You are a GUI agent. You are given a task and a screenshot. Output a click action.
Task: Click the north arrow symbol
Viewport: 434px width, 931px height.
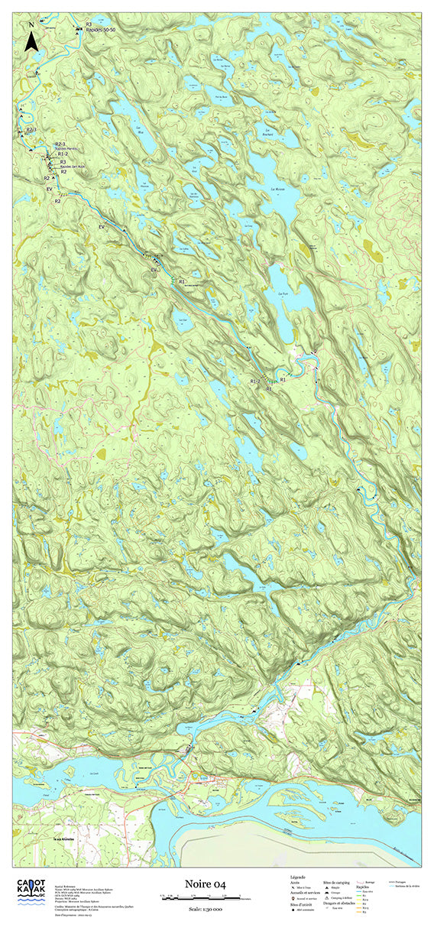pos(31,38)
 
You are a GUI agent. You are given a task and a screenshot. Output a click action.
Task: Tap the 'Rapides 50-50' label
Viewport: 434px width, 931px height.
pos(100,30)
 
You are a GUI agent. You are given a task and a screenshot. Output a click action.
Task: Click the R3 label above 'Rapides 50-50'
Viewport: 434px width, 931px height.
pos(89,24)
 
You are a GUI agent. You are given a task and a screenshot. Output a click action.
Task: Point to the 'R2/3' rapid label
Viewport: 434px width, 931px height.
pos(31,131)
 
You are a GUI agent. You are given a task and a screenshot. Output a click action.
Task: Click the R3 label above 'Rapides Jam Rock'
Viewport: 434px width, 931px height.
pos(62,161)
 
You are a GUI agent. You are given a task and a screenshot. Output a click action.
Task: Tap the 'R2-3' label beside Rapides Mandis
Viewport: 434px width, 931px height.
pos(60,144)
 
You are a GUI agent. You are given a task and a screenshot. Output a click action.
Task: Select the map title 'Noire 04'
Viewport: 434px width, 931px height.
pos(206,884)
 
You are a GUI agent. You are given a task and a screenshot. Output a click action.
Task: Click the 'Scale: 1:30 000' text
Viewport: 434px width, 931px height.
pos(206,908)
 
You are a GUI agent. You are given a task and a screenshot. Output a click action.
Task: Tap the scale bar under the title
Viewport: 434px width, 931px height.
pos(206,896)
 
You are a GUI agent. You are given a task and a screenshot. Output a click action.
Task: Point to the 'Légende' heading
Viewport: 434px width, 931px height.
pos(298,876)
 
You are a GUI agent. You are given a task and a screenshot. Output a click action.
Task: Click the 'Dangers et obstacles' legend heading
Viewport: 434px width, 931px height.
pos(339,902)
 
